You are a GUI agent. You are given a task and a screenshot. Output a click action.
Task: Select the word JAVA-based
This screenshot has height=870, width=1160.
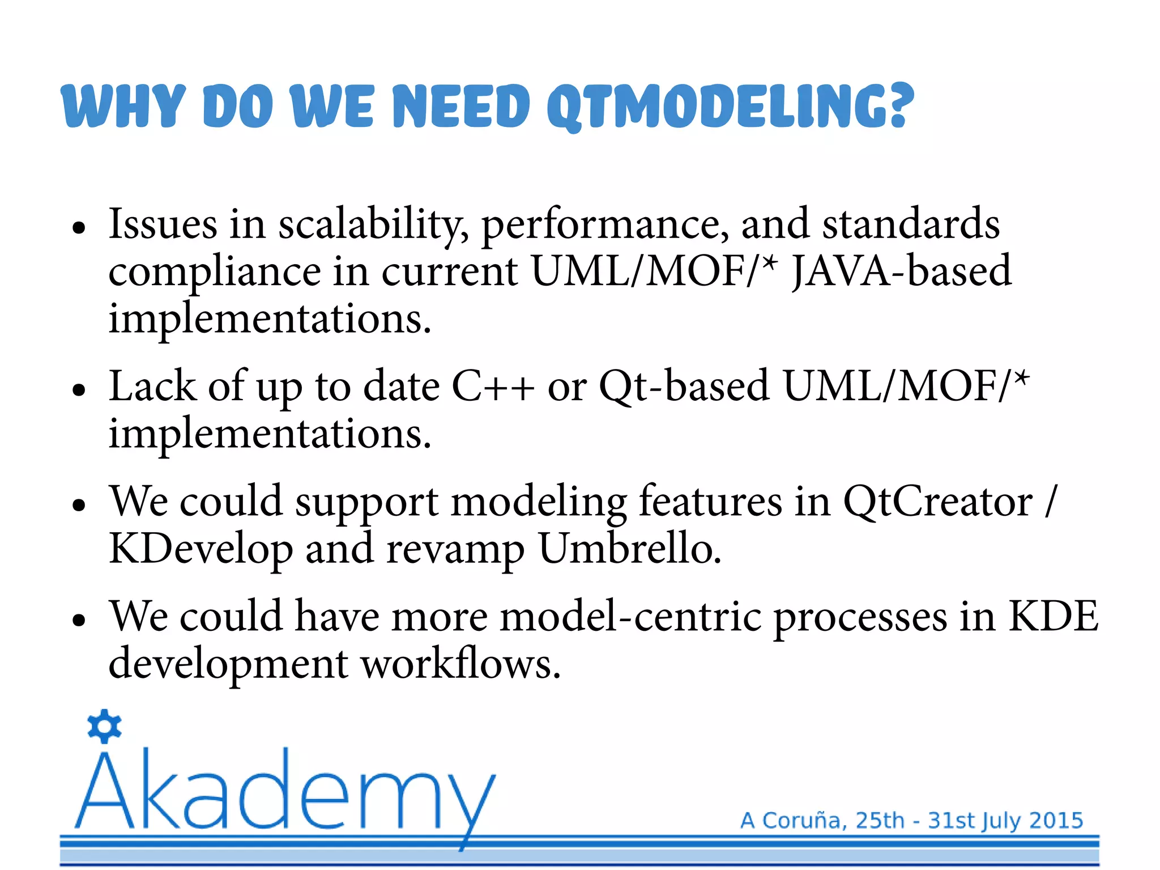[901, 271]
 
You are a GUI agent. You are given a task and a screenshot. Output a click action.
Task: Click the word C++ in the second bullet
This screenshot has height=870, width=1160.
[493, 387]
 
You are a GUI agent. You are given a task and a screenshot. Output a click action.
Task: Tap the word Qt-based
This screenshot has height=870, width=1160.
[684, 387]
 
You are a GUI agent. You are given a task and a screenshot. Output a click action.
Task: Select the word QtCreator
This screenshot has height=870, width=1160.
[937, 502]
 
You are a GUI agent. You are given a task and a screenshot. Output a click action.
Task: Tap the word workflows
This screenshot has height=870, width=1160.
[460, 664]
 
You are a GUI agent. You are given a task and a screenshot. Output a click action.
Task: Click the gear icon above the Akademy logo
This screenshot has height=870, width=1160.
[105, 726]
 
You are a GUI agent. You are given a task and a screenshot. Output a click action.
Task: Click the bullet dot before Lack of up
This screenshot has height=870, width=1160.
[79, 391]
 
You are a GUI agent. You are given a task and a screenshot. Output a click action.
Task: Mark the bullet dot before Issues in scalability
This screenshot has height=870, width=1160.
[79, 228]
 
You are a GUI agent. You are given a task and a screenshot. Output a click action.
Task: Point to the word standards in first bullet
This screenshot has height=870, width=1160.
[911, 224]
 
